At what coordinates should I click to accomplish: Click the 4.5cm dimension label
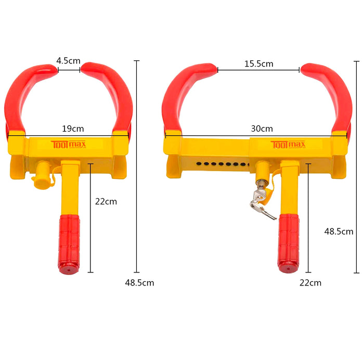click(68, 61)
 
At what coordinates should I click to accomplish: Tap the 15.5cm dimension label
click(258, 64)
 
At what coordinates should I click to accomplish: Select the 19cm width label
click(73, 128)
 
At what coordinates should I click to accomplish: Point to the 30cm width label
click(262, 128)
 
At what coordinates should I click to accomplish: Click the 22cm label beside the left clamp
click(106, 202)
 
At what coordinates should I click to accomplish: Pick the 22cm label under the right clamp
click(310, 283)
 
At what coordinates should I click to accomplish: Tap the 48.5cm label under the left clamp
click(139, 283)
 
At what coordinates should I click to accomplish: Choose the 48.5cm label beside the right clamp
click(339, 231)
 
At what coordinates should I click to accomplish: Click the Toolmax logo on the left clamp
click(69, 145)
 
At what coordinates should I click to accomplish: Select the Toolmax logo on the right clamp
click(288, 145)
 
